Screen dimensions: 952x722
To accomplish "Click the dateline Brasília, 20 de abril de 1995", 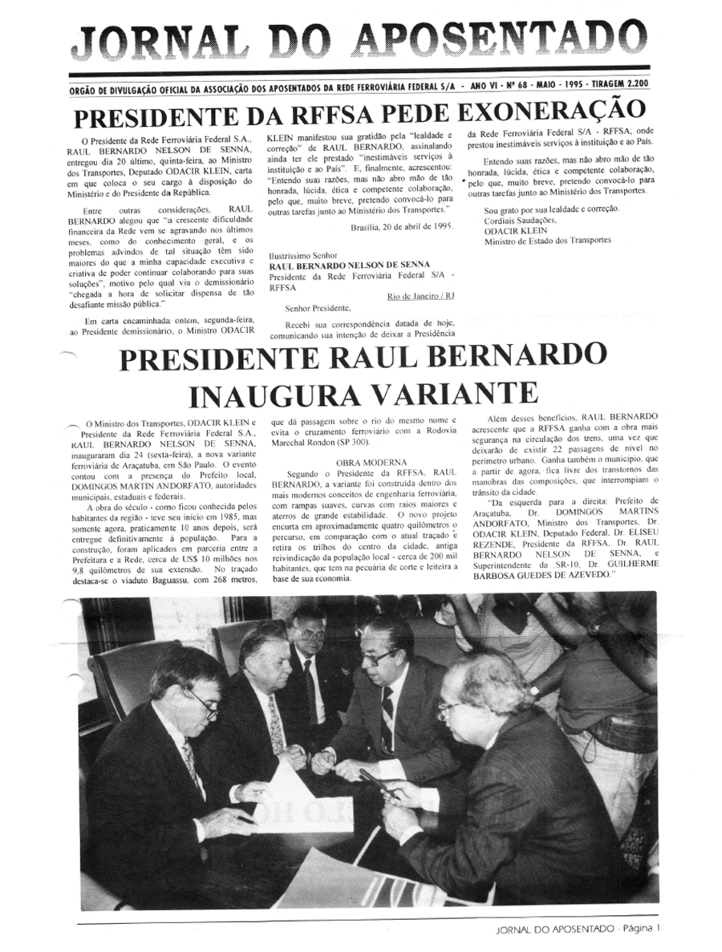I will pos(401,226).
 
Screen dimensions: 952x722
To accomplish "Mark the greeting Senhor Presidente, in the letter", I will pos(318,307).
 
